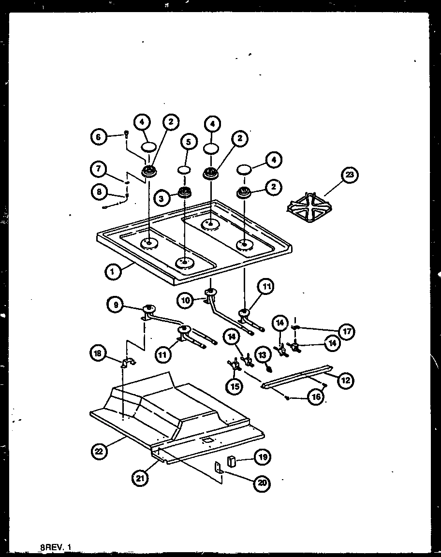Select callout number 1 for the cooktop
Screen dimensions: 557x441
(112, 272)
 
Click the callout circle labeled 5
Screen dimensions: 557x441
(189, 142)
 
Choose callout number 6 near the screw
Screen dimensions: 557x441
(98, 137)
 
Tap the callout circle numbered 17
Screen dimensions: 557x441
(347, 332)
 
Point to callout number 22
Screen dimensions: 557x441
(99, 452)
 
